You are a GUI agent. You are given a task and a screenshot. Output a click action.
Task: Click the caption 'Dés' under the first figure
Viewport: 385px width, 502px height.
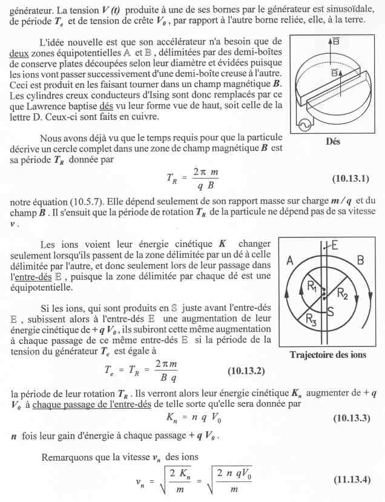tap(332, 142)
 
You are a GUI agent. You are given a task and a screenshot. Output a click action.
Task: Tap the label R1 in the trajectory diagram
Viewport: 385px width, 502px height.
tap(313, 287)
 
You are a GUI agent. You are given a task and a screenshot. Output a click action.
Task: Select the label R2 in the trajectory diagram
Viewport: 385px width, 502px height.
tap(343, 295)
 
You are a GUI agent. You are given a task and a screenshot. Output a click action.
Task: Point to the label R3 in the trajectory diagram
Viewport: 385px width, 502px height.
tap(310, 319)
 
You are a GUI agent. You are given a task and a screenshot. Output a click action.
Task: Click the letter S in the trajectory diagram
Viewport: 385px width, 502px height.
tap(331, 312)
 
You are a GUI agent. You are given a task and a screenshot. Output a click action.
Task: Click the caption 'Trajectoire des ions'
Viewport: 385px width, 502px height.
tap(329, 355)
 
